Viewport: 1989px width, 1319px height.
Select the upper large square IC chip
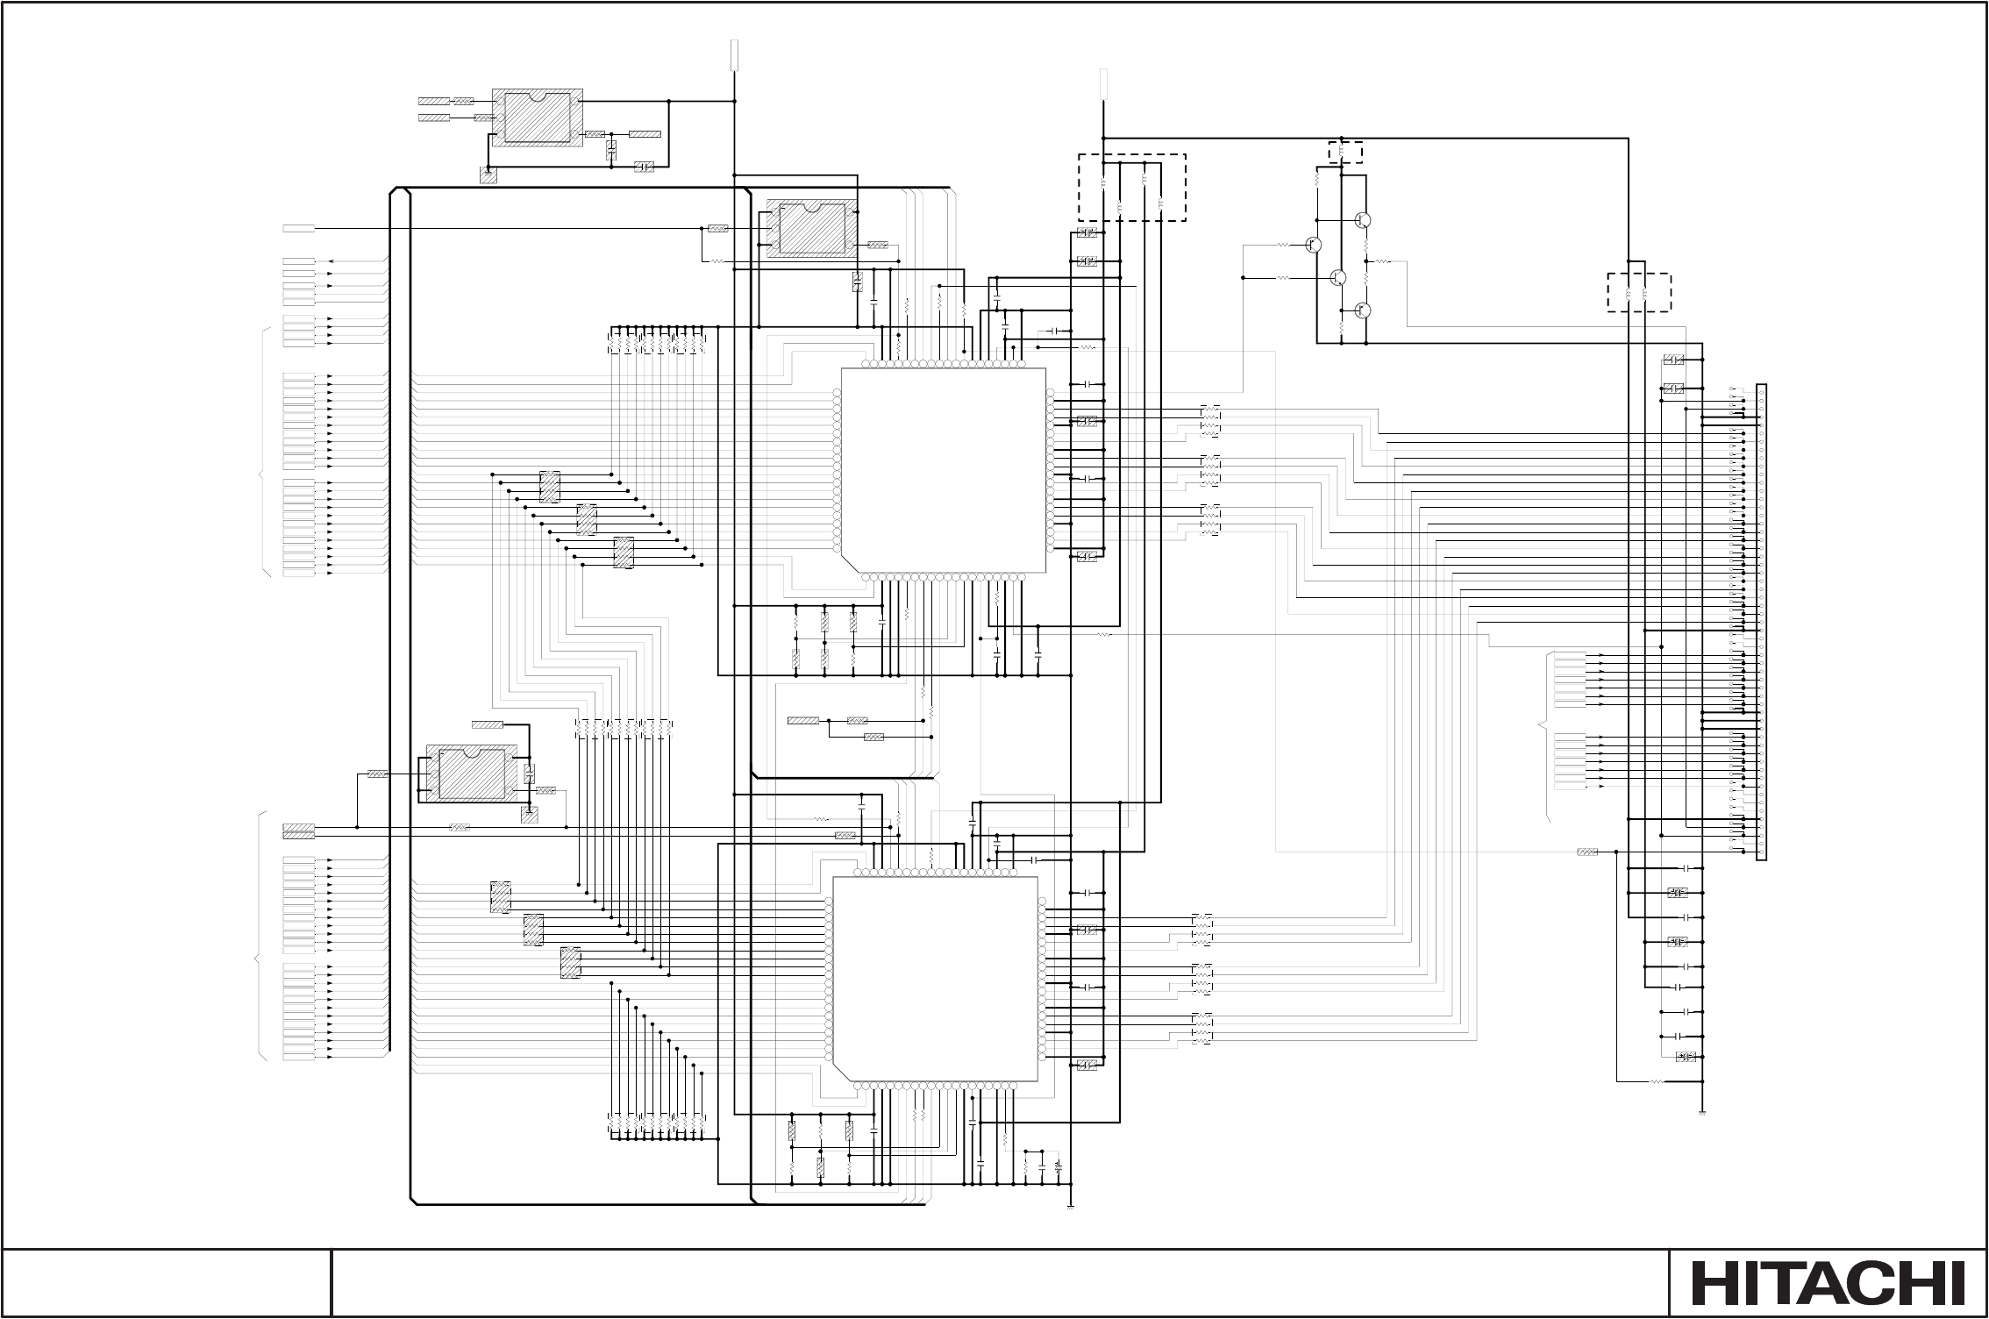[x=944, y=471]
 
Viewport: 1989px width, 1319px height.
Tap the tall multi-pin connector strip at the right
[x=1761, y=623]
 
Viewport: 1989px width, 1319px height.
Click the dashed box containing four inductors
[x=1131, y=188]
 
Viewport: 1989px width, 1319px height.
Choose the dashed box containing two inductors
[x=1638, y=293]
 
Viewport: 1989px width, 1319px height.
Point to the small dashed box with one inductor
[x=1345, y=152]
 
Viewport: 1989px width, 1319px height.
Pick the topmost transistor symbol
[x=1362, y=220]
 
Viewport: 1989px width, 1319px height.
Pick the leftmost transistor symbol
[x=1314, y=245]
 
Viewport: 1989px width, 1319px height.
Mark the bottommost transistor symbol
[x=1362, y=310]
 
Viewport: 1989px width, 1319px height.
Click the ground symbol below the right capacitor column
[x=1701, y=1113]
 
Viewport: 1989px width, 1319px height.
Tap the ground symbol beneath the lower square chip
[x=1072, y=1207]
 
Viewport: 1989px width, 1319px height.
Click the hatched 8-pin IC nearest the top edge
[x=537, y=118]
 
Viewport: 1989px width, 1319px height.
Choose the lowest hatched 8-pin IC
[x=472, y=774]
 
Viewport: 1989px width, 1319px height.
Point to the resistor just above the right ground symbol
[x=1657, y=1081]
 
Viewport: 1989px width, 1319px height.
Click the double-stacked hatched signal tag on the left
[x=299, y=831]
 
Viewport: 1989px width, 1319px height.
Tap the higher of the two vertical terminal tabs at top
[x=735, y=54]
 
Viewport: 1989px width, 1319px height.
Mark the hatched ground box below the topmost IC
[x=488, y=175]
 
